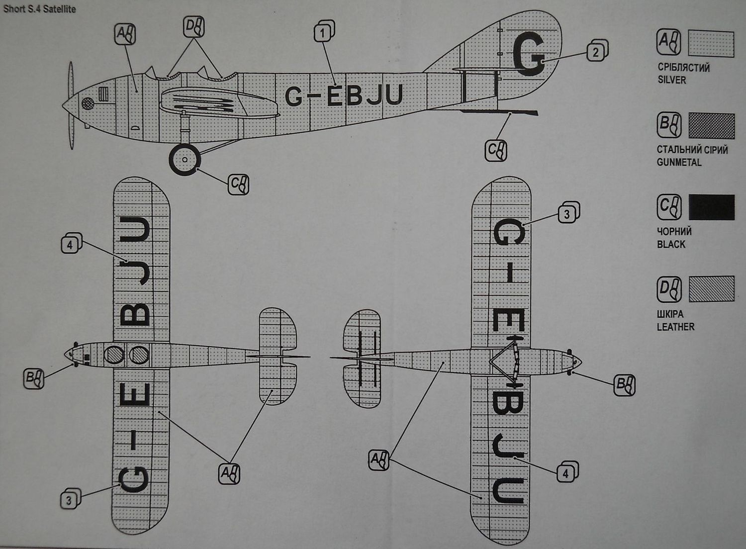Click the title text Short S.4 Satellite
coord(40,9)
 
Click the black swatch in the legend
coord(711,207)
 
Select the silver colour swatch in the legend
coord(711,44)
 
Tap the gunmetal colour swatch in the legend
coord(711,126)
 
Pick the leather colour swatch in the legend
coord(711,289)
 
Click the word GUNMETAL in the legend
coord(679,163)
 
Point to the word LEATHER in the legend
coord(675,327)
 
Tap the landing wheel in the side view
coord(185,160)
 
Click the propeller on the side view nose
coord(72,105)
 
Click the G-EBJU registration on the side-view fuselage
coord(343,96)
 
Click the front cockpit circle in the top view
coord(114,355)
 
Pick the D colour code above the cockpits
coord(193,26)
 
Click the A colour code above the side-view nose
coord(124,34)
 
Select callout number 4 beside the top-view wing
coord(71,244)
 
